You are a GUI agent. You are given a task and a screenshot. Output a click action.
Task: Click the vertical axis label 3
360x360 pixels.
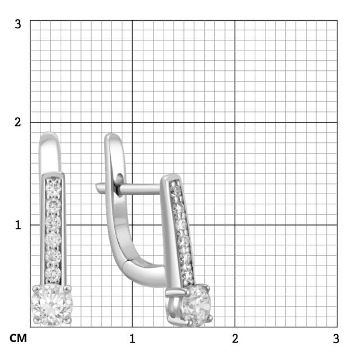pos(18,24)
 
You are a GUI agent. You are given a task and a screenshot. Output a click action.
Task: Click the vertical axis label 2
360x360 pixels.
pos(18,122)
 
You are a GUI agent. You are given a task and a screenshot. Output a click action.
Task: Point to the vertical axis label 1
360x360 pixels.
pos(18,225)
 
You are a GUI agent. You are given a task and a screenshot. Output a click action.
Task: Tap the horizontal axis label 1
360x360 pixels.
pos(132,339)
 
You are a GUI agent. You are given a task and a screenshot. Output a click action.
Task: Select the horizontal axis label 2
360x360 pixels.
pos(235,339)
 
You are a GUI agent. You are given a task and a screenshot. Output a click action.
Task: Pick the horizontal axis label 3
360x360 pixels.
pos(336,339)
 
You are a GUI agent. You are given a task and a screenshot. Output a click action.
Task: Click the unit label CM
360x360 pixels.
pos(18,339)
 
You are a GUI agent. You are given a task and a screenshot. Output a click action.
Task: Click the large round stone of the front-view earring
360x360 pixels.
pos(52,305)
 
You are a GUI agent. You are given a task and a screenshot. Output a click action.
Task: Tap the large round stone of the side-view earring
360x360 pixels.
pos(196,305)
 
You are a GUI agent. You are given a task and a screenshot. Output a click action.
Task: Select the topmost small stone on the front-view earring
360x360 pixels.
pos(53,186)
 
